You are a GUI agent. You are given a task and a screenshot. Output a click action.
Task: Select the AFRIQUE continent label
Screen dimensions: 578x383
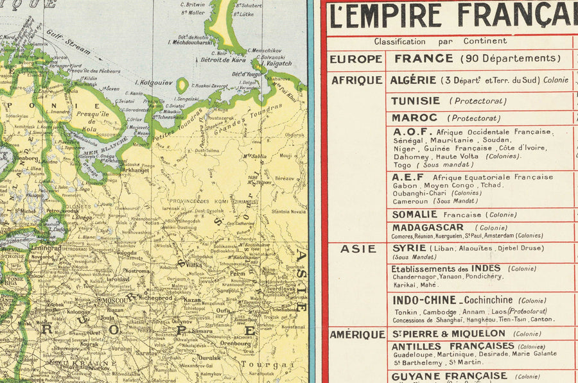(x=356, y=80)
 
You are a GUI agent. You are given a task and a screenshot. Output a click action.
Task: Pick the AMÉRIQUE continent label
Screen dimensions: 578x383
(x=357, y=334)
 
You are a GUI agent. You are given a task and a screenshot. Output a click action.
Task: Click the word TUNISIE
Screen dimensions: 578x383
(x=416, y=101)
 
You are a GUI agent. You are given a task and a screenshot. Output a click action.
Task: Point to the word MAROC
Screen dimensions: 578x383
(x=414, y=118)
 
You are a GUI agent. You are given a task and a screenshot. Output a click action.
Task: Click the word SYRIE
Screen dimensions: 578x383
(x=409, y=248)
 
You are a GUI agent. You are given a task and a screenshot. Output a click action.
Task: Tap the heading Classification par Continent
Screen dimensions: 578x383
(x=441, y=41)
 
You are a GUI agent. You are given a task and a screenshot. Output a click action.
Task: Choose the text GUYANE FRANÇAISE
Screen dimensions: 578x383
(x=449, y=376)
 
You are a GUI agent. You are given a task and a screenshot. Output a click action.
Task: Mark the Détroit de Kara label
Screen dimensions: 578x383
(x=223, y=60)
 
